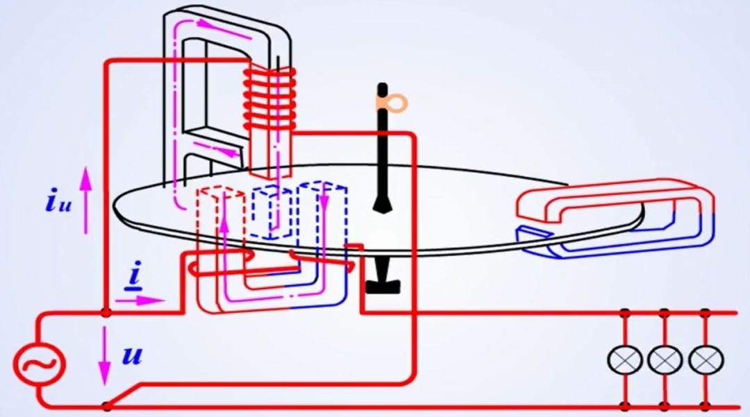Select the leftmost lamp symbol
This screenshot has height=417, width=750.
tap(624, 359)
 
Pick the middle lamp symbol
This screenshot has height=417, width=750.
tap(665, 359)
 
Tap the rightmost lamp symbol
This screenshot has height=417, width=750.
tap(706, 359)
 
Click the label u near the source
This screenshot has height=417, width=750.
tap(131, 356)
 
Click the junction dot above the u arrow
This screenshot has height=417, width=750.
tap(106, 313)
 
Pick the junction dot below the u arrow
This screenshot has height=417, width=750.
tap(106, 405)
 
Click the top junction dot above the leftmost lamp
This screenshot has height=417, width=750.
tap(624, 313)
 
